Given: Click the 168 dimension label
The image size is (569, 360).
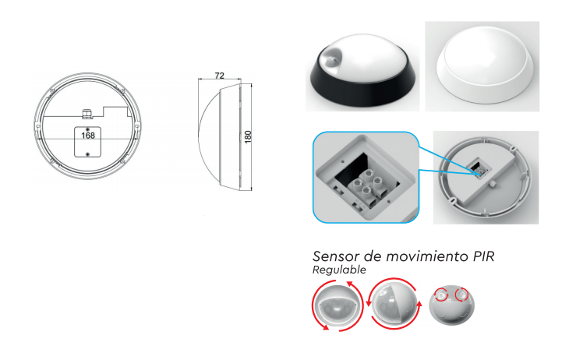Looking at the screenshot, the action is (88, 136).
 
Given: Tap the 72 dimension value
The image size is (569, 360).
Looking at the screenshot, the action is (220, 76).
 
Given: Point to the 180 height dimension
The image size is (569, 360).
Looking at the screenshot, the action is (248, 137).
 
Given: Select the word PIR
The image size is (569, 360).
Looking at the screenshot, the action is (484, 256).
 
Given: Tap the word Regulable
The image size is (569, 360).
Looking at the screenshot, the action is (339, 270).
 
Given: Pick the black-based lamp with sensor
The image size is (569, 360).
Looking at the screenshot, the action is (362, 70).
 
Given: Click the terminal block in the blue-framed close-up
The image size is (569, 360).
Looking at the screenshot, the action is (367, 185).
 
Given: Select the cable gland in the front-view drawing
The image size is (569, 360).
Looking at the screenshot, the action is (87, 113).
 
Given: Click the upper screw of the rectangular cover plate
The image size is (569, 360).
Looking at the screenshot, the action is (87, 129).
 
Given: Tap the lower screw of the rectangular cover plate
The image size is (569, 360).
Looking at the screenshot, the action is (87, 154).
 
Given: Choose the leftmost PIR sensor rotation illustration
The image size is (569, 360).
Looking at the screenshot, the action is (338, 305).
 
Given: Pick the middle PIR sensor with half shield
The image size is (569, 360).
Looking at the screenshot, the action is (394, 304).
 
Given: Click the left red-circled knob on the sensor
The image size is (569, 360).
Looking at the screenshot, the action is (441, 295).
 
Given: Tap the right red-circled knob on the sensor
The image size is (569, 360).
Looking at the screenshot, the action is (462, 294).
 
